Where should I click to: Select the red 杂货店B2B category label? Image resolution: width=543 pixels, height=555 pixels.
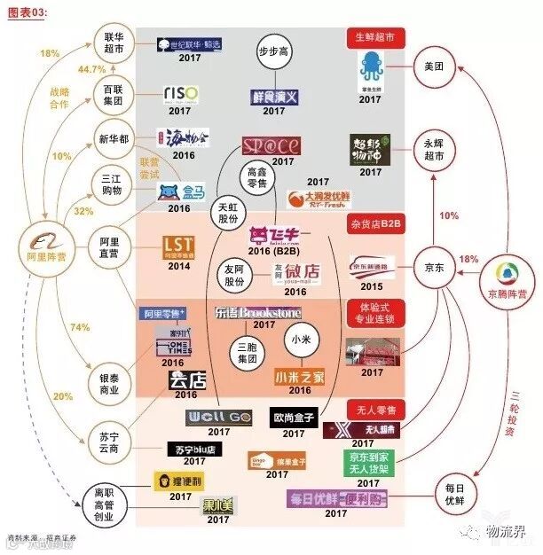(x=376, y=225)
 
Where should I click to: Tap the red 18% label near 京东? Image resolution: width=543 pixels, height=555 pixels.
(x=468, y=260)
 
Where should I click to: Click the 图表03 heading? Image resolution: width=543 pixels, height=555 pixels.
(x=28, y=8)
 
